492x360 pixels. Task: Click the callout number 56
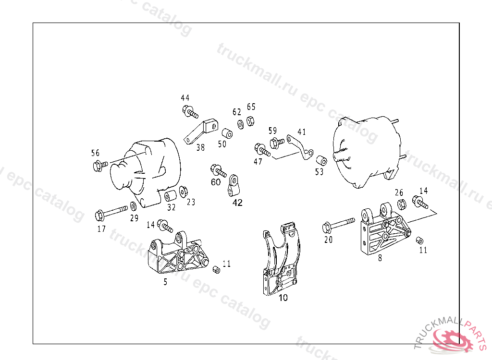[x=96, y=153]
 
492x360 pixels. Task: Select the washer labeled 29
[x=133, y=207]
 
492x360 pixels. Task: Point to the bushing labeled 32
[x=170, y=196]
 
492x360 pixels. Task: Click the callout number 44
[x=185, y=98]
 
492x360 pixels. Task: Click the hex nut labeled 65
[x=250, y=120]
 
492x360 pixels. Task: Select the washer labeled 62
[x=240, y=125]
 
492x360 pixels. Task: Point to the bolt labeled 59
[x=277, y=142]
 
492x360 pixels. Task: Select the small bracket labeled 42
[x=234, y=186]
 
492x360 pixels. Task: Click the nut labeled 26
[x=403, y=204]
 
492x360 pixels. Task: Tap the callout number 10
[x=283, y=298]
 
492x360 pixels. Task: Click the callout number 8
[x=380, y=258]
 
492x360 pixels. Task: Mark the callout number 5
[x=165, y=282]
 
